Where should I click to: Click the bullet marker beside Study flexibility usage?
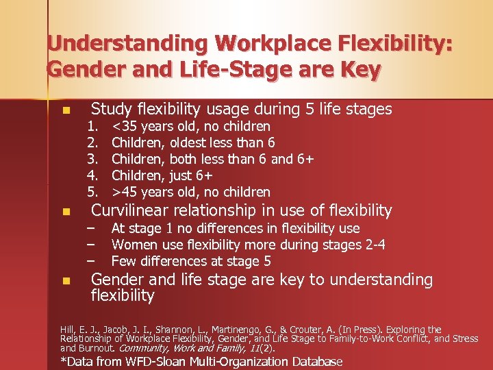pos(66,110)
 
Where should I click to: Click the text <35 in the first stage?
pos(125,126)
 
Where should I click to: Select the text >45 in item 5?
pos(125,192)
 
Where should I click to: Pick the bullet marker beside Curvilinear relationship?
pos(66,212)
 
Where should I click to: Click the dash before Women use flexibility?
pos(90,245)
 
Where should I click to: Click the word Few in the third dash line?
pos(123,261)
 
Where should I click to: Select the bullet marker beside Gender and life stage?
pos(66,281)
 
